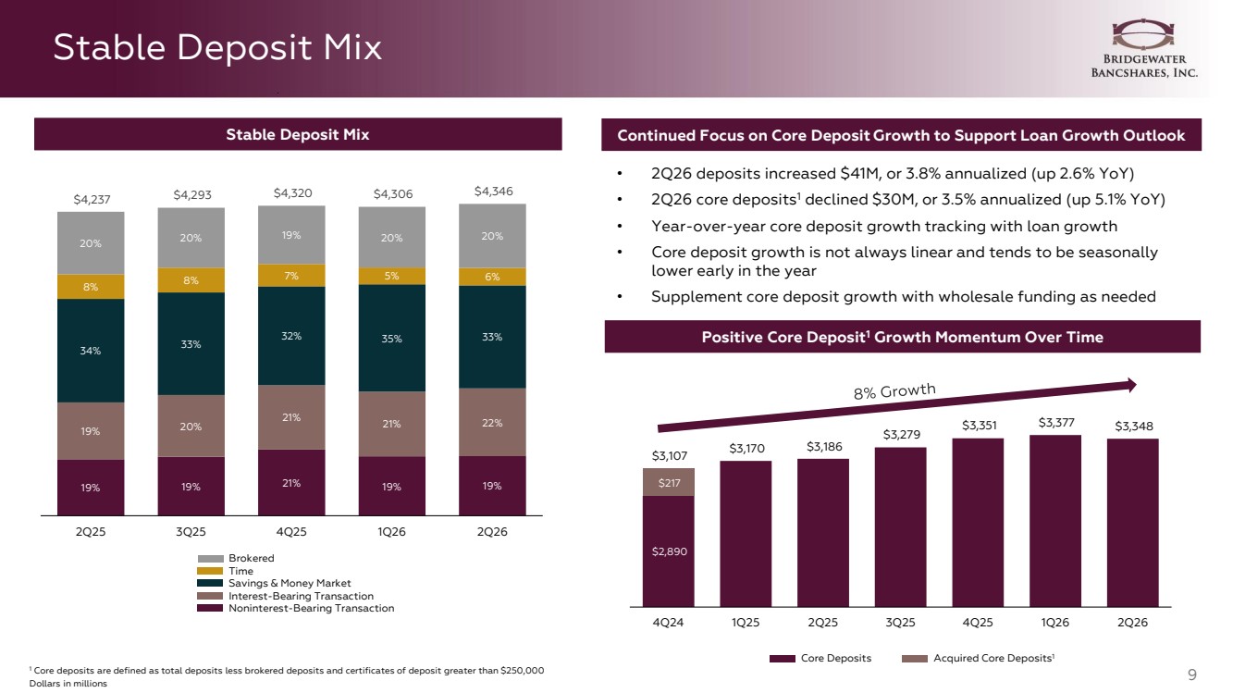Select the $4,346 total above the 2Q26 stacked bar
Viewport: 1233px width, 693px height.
[493, 191]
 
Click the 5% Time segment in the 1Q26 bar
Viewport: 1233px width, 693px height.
[391, 276]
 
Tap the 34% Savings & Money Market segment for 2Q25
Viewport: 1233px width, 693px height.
[91, 351]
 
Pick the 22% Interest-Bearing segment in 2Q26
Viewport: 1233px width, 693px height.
[492, 423]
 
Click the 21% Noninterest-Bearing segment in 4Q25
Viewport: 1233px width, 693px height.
[291, 483]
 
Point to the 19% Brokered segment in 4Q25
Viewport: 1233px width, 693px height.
[291, 235]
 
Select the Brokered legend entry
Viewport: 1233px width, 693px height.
[236, 558]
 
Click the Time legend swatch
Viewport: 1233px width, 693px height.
[210, 571]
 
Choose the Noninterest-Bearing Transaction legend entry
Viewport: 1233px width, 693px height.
[296, 608]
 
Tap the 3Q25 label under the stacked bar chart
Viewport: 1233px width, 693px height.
[191, 532]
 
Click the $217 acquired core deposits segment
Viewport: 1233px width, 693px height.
[669, 483]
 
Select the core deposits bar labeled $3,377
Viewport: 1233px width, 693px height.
[1055, 521]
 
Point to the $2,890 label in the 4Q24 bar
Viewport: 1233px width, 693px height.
[670, 551]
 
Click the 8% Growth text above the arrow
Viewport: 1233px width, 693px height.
[894, 390]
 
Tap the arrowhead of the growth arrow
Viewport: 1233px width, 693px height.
[1132, 385]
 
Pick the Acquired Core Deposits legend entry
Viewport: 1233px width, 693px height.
[978, 659]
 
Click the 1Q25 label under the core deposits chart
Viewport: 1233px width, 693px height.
[746, 623]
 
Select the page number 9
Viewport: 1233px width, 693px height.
[1192, 674]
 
